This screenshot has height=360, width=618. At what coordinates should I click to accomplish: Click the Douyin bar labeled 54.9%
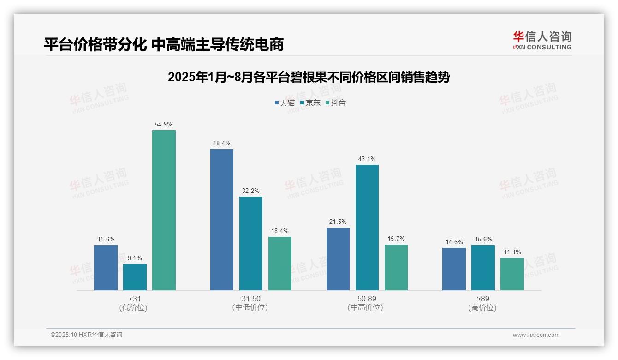[x=164, y=210]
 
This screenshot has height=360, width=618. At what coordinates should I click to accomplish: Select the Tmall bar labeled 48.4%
[x=222, y=220]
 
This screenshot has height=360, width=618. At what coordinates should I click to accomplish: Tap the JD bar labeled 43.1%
[x=367, y=228]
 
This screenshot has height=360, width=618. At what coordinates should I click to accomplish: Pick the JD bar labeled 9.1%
[x=135, y=277]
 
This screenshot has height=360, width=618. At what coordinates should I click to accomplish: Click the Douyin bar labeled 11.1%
[x=512, y=274]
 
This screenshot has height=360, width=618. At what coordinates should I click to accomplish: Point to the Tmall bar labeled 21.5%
[x=338, y=259]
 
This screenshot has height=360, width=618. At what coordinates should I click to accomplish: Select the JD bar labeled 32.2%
[x=250, y=243]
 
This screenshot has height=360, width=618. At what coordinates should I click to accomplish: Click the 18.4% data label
[x=280, y=231]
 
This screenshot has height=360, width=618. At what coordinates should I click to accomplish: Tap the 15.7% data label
[x=396, y=239]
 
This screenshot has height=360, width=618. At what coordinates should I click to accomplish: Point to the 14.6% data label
[x=454, y=242]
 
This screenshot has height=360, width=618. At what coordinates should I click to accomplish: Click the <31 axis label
[x=135, y=299]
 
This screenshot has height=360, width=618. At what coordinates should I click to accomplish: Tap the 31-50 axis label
[x=250, y=299]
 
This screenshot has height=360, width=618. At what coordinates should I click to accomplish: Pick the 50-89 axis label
[x=367, y=299]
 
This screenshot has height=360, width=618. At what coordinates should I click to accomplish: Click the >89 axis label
[x=483, y=299]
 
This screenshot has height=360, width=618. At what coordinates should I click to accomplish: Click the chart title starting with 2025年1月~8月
[x=309, y=77]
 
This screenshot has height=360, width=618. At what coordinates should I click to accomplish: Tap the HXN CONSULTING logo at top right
[x=542, y=40]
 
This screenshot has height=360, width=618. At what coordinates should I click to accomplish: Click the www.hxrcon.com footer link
[x=536, y=335]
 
